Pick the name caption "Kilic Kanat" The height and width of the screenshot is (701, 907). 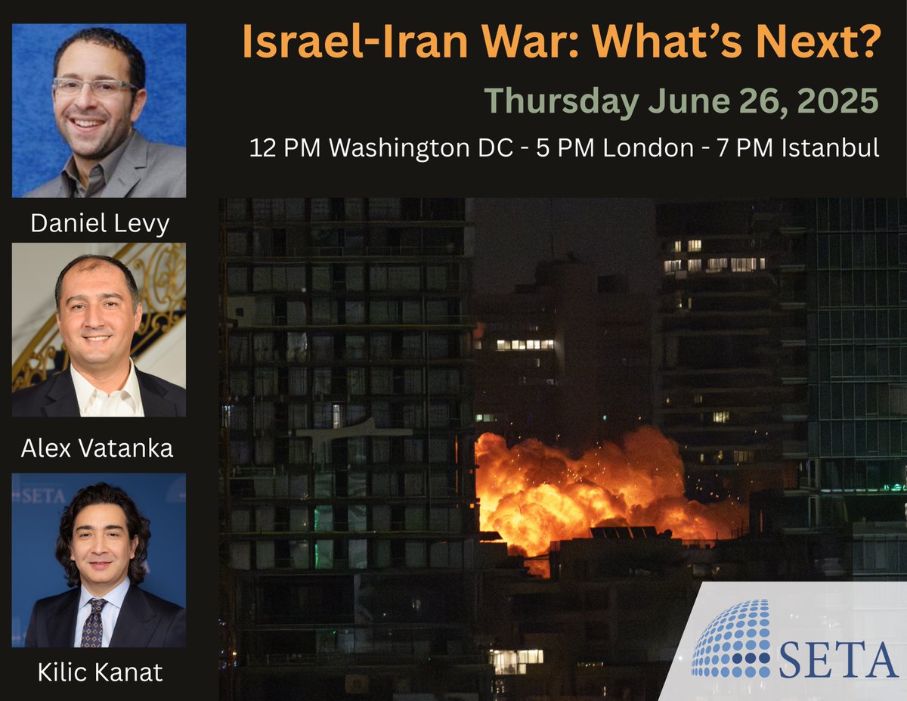[98, 672]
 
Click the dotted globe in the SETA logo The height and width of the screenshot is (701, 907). [731, 639]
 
